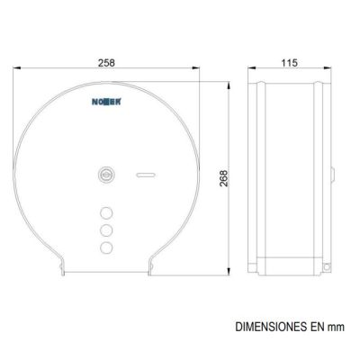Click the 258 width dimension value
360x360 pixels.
(x=106, y=63)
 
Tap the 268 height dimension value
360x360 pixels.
(x=224, y=178)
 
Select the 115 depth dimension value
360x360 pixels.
(x=290, y=63)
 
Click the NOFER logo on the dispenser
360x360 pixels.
(x=106, y=102)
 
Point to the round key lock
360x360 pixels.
(x=104, y=174)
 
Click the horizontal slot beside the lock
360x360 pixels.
(x=146, y=175)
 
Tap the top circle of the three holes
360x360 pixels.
(x=106, y=213)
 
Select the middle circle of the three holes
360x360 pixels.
(x=106, y=230)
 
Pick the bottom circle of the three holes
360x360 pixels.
(x=106, y=247)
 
